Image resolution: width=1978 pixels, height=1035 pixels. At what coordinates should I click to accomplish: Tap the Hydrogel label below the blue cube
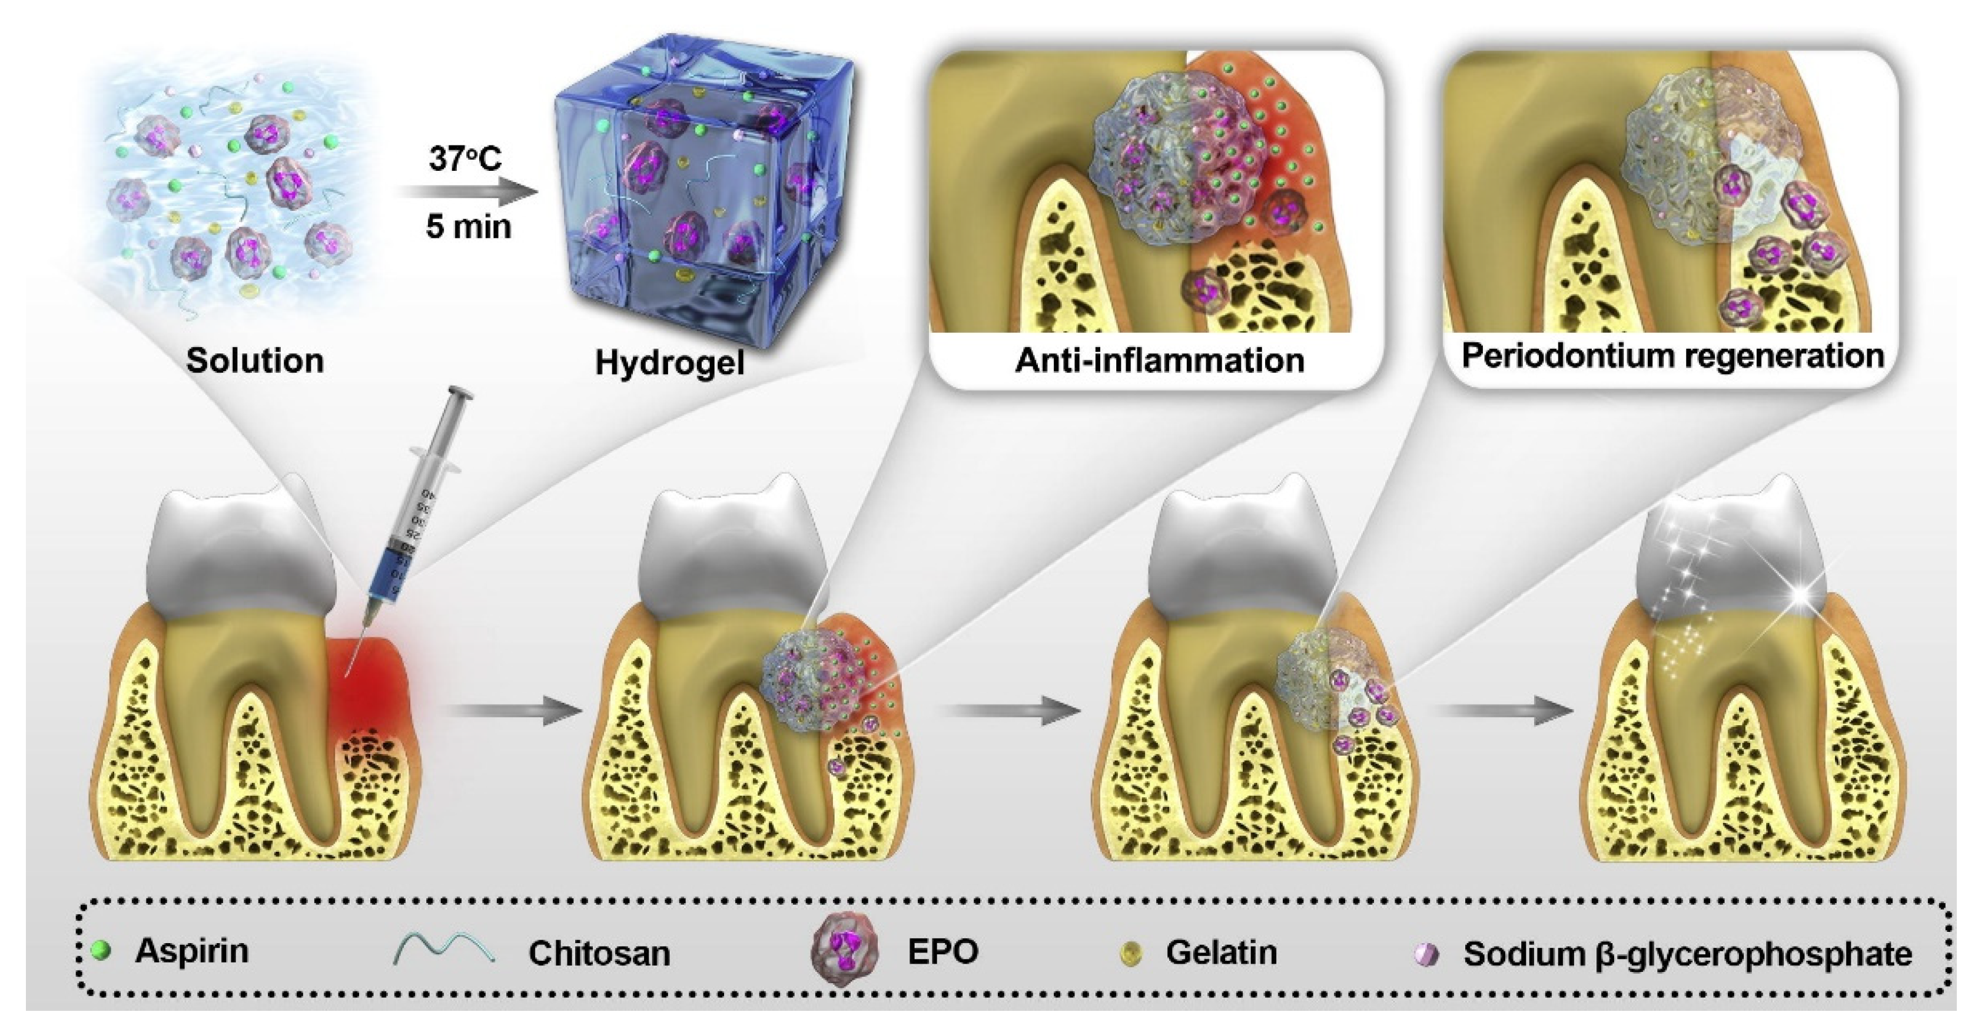669,362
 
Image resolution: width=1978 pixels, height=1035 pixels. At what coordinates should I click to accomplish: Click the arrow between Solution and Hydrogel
469,194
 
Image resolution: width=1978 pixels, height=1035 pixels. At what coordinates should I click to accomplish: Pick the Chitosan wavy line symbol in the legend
444,950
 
